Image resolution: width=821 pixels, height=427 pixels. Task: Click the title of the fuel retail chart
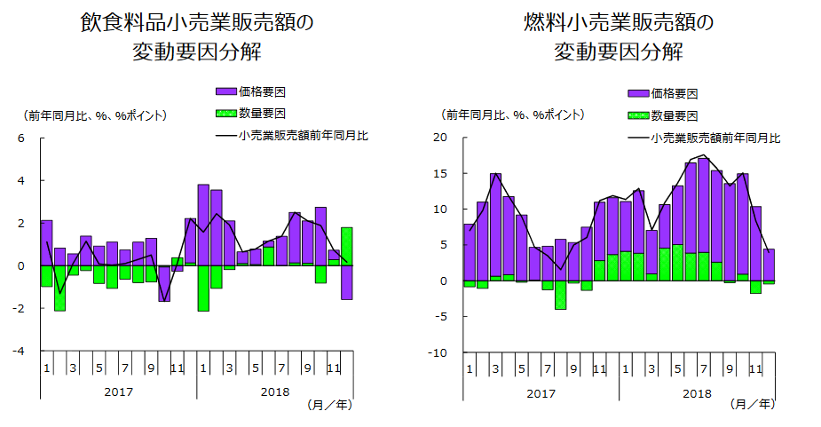pos(619,36)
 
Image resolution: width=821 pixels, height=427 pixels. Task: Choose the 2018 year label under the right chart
pos(697,391)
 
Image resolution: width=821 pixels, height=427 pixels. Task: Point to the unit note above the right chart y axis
pos(513,115)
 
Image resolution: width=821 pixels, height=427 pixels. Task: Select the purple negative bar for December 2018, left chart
pos(347,282)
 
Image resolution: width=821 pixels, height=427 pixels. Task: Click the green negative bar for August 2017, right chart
pos(560,296)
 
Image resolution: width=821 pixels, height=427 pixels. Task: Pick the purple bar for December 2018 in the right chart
pos(769,265)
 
